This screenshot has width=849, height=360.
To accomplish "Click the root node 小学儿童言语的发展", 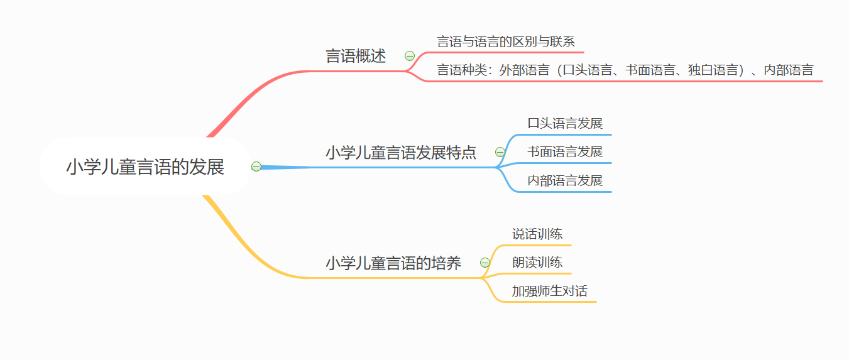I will click(x=145, y=167).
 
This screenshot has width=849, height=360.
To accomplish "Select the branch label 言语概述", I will click(x=356, y=56).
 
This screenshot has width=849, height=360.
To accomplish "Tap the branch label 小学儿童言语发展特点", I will click(x=401, y=153).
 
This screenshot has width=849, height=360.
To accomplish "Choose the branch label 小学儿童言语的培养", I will click(x=393, y=263).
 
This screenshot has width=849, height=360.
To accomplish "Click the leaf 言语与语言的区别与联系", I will click(x=506, y=42).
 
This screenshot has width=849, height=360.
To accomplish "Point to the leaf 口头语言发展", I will click(x=565, y=123).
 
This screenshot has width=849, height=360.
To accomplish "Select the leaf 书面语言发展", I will click(x=565, y=152).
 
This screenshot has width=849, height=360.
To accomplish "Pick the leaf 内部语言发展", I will click(x=565, y=181).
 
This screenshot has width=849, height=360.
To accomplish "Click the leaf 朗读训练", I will click(x=537, y=263).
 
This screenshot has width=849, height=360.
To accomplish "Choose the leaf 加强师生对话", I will click(x=549, y=292).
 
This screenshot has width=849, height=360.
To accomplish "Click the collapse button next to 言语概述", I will click(x=410, y=56).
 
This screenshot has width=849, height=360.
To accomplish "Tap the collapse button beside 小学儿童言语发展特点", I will click(x=500, y=152).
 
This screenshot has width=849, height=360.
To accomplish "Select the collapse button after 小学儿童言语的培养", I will click(x=485, y=263).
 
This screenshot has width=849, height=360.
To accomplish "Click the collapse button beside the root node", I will click(x=256, y=166).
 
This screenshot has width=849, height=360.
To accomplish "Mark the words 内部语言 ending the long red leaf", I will click(x=789, y=70).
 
